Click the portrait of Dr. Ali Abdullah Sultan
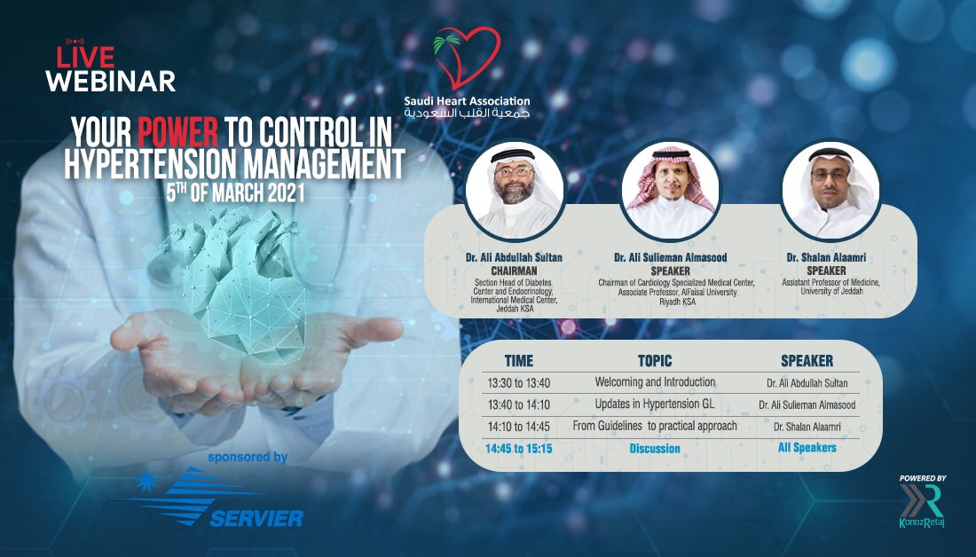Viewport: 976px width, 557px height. (x=515, y=190)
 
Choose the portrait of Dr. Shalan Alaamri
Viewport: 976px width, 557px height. (x=830, y=190)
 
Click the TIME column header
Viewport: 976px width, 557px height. (x=519, y=361)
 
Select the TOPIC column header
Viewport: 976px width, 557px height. (x=655, y=361)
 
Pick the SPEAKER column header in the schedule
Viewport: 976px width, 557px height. (x=807, y=361)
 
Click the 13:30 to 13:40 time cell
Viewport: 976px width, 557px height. (x=520, y=382)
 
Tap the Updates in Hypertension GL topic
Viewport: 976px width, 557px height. (x=655, y=404)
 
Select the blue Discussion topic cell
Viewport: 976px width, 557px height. (x=655, y=449)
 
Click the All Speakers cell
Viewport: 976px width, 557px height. (x=807, y=448)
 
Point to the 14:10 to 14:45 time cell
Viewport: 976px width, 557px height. (x=520, y=427)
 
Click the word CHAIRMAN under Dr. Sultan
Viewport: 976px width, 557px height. (x=515, y=271)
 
